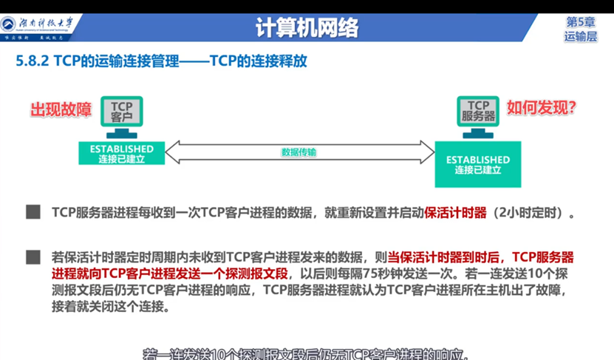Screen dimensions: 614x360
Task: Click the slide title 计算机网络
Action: click(x=307, y=27)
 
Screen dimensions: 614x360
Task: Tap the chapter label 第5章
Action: click(x=581, y=21)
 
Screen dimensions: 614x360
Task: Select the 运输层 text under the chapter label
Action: click(x=581, y=36)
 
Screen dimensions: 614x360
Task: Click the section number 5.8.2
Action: click(x=32, y=62)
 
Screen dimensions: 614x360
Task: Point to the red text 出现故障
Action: click(x=61, y=109)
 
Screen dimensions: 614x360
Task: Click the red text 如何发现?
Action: click(x=541, y=108)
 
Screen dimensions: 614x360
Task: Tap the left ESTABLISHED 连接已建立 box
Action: click(x=122, y=154)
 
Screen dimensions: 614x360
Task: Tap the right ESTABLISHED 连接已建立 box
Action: click(x=478, y=164)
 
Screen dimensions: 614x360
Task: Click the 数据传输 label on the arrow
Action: click(x=299, y=152)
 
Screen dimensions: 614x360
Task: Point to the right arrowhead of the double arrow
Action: click(x=431, y=153)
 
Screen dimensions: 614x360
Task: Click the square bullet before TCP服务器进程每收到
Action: click(x=33, y=213)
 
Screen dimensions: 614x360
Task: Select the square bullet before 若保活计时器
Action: click(x=33, y=257)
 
